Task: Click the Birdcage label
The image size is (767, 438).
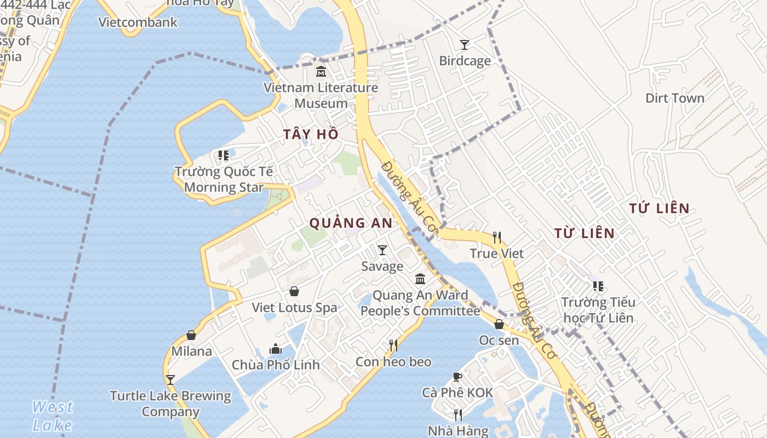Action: point(465,61)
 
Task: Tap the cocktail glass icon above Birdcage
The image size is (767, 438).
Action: point(465,44)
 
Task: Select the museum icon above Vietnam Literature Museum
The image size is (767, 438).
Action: point(321,71)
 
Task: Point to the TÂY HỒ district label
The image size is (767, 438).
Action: point(311,134)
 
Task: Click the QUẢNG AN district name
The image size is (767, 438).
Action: point(351,223)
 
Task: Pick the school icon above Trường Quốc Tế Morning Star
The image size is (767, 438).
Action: point(223,155)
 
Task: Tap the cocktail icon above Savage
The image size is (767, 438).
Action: point(382,250)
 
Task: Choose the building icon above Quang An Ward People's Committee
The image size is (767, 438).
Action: point(420,279)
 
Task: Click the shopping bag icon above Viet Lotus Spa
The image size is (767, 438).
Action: point(294,291)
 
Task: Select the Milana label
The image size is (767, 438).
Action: point(192,351)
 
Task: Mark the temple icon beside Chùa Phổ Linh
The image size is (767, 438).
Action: point(276,349)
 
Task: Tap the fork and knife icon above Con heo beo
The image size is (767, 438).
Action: point(393,345)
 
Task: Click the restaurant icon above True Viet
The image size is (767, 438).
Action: point(497,237)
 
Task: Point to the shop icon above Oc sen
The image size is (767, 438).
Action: point(499,324)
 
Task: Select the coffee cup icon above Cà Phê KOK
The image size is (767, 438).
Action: point(457,377)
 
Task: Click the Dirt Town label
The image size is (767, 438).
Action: point(674,98)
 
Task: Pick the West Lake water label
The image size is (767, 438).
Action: point(52,416)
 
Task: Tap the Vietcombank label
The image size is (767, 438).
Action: point(138,22)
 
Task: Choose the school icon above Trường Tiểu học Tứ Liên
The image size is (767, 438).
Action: point(598,286)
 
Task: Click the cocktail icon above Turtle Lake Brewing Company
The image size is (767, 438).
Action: point(170,379)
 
